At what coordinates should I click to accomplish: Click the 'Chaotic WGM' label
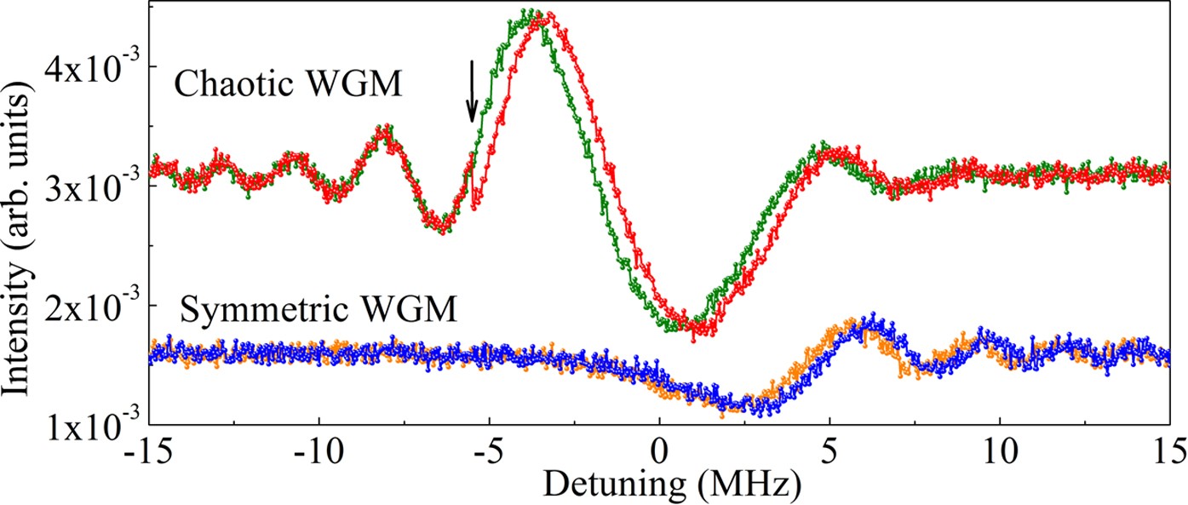coord(287,85)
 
